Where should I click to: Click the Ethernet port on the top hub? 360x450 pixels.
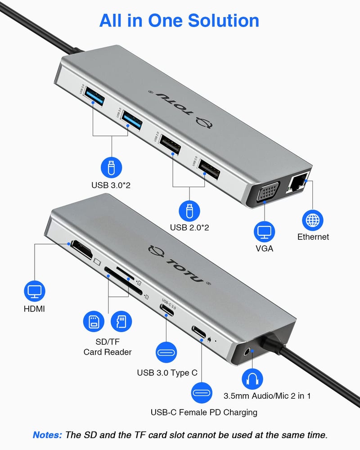coord(297,183)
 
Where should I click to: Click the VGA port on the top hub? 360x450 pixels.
coord(268,193)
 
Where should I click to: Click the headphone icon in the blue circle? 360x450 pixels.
coord(252,378)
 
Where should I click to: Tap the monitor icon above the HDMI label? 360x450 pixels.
coord(34,291)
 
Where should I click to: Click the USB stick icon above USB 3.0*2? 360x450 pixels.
coord(111,167)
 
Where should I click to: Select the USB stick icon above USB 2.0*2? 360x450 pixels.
coord(189,211)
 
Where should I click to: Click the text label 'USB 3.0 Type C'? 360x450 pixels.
coord(167,373)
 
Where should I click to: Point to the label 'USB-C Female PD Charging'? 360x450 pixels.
coord(204,412)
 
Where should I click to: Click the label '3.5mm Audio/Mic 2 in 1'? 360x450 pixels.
coord(267,396)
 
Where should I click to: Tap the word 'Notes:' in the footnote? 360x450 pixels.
coord(47,435)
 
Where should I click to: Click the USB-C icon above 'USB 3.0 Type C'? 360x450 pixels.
coord(167,351)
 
